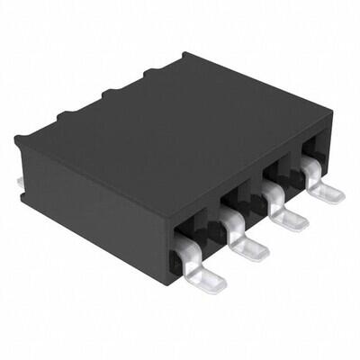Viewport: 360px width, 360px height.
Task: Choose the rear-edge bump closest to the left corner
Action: [65, 114]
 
